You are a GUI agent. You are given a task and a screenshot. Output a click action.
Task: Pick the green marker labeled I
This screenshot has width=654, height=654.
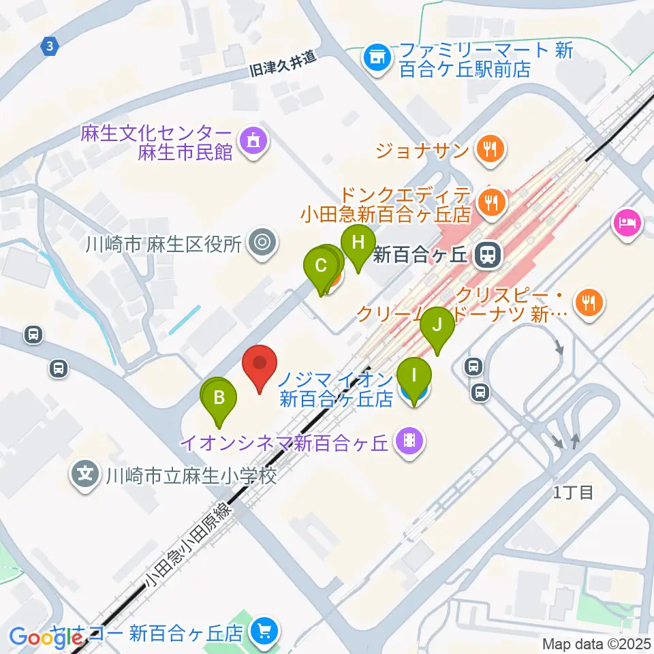tap(414, 376)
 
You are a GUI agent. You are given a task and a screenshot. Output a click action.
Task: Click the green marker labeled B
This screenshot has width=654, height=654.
tap(219, 399)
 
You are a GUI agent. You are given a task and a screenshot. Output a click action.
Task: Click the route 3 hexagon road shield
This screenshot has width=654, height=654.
tap(50, 47)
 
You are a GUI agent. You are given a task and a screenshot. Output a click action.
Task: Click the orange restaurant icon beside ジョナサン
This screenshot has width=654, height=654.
tap(489, 149)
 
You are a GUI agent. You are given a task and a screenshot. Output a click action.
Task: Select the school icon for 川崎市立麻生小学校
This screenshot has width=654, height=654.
tap(85, 474)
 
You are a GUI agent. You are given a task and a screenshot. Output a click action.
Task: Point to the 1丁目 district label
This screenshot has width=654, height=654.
tap(572, 493)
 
